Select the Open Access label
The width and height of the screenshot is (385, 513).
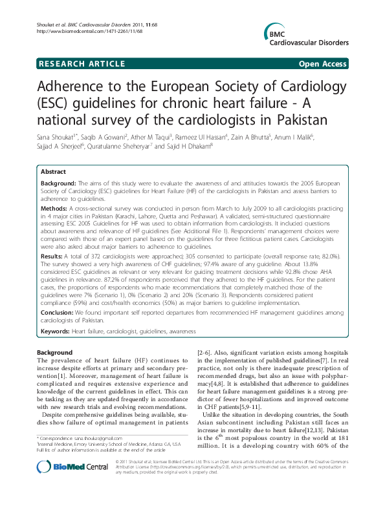pos(323,64)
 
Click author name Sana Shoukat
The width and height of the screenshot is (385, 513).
pos(56,138)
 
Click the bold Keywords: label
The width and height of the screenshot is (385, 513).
pos(56,331)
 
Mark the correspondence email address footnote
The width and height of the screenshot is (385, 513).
pos(84,457)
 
